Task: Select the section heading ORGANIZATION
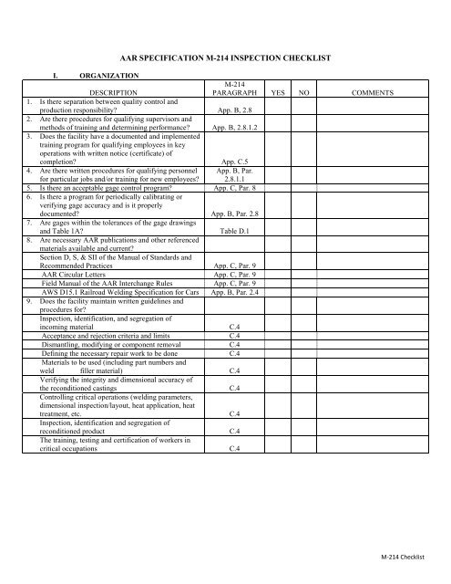108,76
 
